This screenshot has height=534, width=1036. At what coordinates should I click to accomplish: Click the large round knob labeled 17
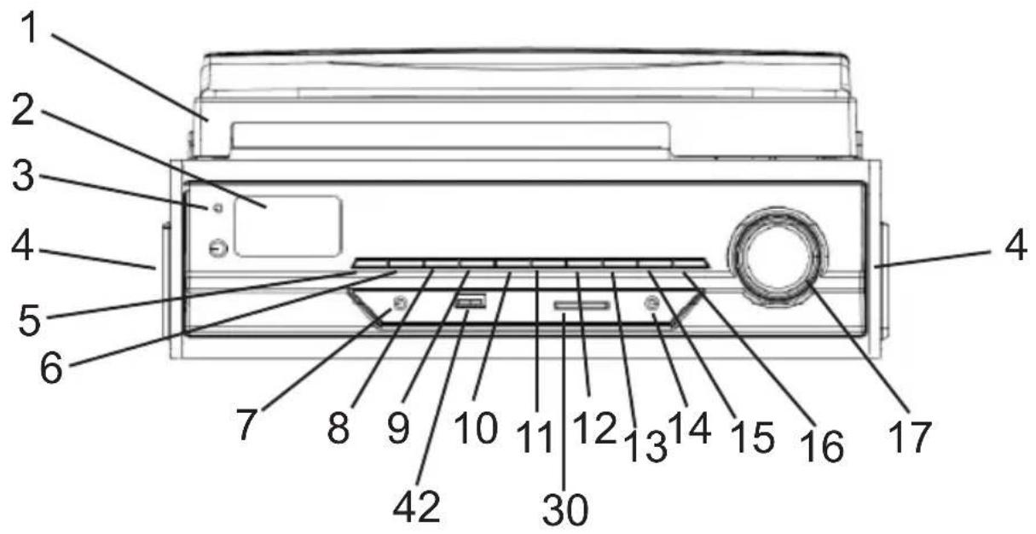tap(777, 254)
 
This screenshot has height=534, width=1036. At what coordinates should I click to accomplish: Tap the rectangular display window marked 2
tap(288, 225)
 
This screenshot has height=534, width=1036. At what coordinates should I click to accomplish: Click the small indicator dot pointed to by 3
tap(217, 208)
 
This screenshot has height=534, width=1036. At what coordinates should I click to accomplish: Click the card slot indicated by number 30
tap(582, 305)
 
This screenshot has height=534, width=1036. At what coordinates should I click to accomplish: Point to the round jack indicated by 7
tap(397, 304)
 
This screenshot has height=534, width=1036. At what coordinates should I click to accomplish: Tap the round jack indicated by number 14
tap(652, 304)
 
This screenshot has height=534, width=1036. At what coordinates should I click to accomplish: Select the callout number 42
tap(417, 505)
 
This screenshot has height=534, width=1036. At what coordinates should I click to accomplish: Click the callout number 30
tap(565, 509)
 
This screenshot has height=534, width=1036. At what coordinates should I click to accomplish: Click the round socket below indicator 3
tap(218, 248)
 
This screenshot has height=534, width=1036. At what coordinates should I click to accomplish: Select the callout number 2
tap(29, 112)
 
